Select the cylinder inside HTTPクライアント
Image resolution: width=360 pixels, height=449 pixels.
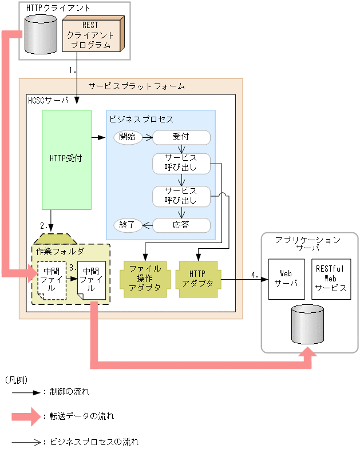(41, 34)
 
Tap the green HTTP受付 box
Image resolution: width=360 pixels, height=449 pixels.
(66, 159)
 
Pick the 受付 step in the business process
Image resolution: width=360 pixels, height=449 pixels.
(181, 137)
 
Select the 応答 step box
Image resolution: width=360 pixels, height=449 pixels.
(181, 225)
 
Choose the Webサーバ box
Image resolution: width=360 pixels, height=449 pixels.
(286, 279)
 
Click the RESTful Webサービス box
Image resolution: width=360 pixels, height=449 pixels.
(331, 279)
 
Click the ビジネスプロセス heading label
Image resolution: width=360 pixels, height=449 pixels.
(141, 119)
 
